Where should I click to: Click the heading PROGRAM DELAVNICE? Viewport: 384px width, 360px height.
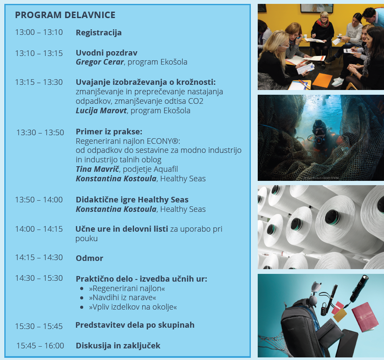65,15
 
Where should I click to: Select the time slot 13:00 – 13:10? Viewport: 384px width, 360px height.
39,32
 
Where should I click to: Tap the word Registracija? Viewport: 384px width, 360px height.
99,33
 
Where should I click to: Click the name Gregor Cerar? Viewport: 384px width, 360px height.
100,62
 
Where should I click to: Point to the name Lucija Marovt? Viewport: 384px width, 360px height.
101,111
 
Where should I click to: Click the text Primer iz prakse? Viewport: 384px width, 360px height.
109,132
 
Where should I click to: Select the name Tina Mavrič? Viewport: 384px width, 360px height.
97,169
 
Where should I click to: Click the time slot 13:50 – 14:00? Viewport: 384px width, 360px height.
39,200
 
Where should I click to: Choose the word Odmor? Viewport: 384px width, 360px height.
90,258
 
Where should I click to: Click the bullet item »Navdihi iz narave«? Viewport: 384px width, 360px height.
122,298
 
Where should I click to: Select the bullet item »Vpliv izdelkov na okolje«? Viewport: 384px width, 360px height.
133,307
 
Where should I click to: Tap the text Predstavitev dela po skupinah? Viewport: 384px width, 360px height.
135,325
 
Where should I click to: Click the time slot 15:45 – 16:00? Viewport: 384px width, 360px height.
40,345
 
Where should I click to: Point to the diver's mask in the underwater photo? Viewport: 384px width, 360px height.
319,131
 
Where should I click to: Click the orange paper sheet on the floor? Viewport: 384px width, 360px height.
322,80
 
